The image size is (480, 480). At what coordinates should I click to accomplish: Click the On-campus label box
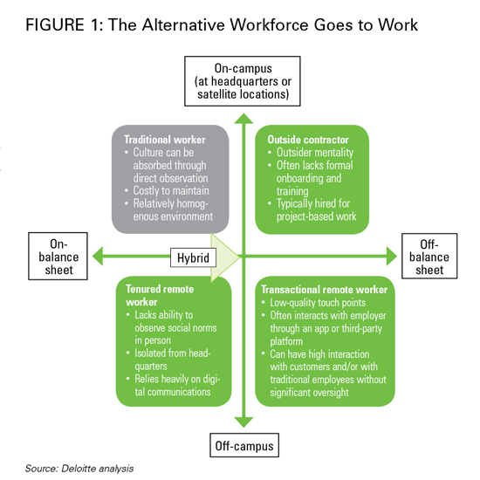[242, 81]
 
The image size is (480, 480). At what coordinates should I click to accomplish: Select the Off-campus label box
[244, 445]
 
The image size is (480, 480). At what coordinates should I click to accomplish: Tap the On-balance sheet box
[58, 257]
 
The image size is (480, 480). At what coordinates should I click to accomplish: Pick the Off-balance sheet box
[429, 257]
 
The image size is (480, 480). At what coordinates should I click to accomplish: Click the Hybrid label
[193, 257]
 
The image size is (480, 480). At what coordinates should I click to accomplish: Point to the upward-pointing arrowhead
[243, 119]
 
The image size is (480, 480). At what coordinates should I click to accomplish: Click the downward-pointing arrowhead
[243, 422]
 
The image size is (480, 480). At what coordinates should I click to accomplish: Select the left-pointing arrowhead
[98, 257]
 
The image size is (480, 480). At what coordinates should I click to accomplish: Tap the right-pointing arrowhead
[392, 257]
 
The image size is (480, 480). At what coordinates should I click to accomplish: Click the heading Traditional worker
[165, 140]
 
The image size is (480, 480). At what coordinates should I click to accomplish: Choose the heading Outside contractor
[308, 140]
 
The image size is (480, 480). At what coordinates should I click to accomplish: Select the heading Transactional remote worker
[324, 290]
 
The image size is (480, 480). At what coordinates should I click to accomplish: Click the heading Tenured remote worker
[160, 295]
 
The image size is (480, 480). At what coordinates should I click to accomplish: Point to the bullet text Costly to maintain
[171, 191]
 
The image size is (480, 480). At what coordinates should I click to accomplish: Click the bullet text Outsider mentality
[315, 153]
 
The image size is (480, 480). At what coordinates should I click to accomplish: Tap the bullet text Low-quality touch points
[318, 303]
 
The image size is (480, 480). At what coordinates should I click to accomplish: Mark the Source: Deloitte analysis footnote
[79, 469]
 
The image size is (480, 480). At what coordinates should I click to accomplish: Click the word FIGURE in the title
[55, 24]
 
